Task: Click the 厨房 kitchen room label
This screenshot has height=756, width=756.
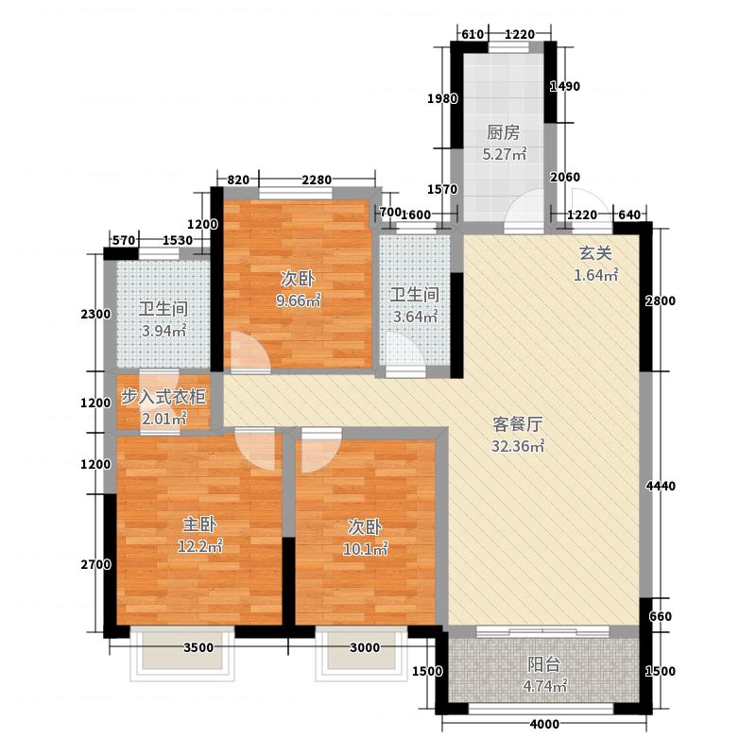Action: [x=503, y=132]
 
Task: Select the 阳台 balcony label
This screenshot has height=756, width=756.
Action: [x=541, y=664]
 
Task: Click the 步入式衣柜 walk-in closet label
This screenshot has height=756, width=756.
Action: [x=163, y=397]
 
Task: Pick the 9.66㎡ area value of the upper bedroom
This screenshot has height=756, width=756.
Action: [x=298, y=301]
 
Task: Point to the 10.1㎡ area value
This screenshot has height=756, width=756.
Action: [x=364, y=548]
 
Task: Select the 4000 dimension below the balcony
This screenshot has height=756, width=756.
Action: [x=544, y=725]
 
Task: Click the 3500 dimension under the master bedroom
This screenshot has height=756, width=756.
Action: [x=198, y=647]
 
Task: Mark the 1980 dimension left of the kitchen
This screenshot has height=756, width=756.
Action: [x=442, y=98]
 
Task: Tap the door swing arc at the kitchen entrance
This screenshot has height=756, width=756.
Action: [x=524, y=214]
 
